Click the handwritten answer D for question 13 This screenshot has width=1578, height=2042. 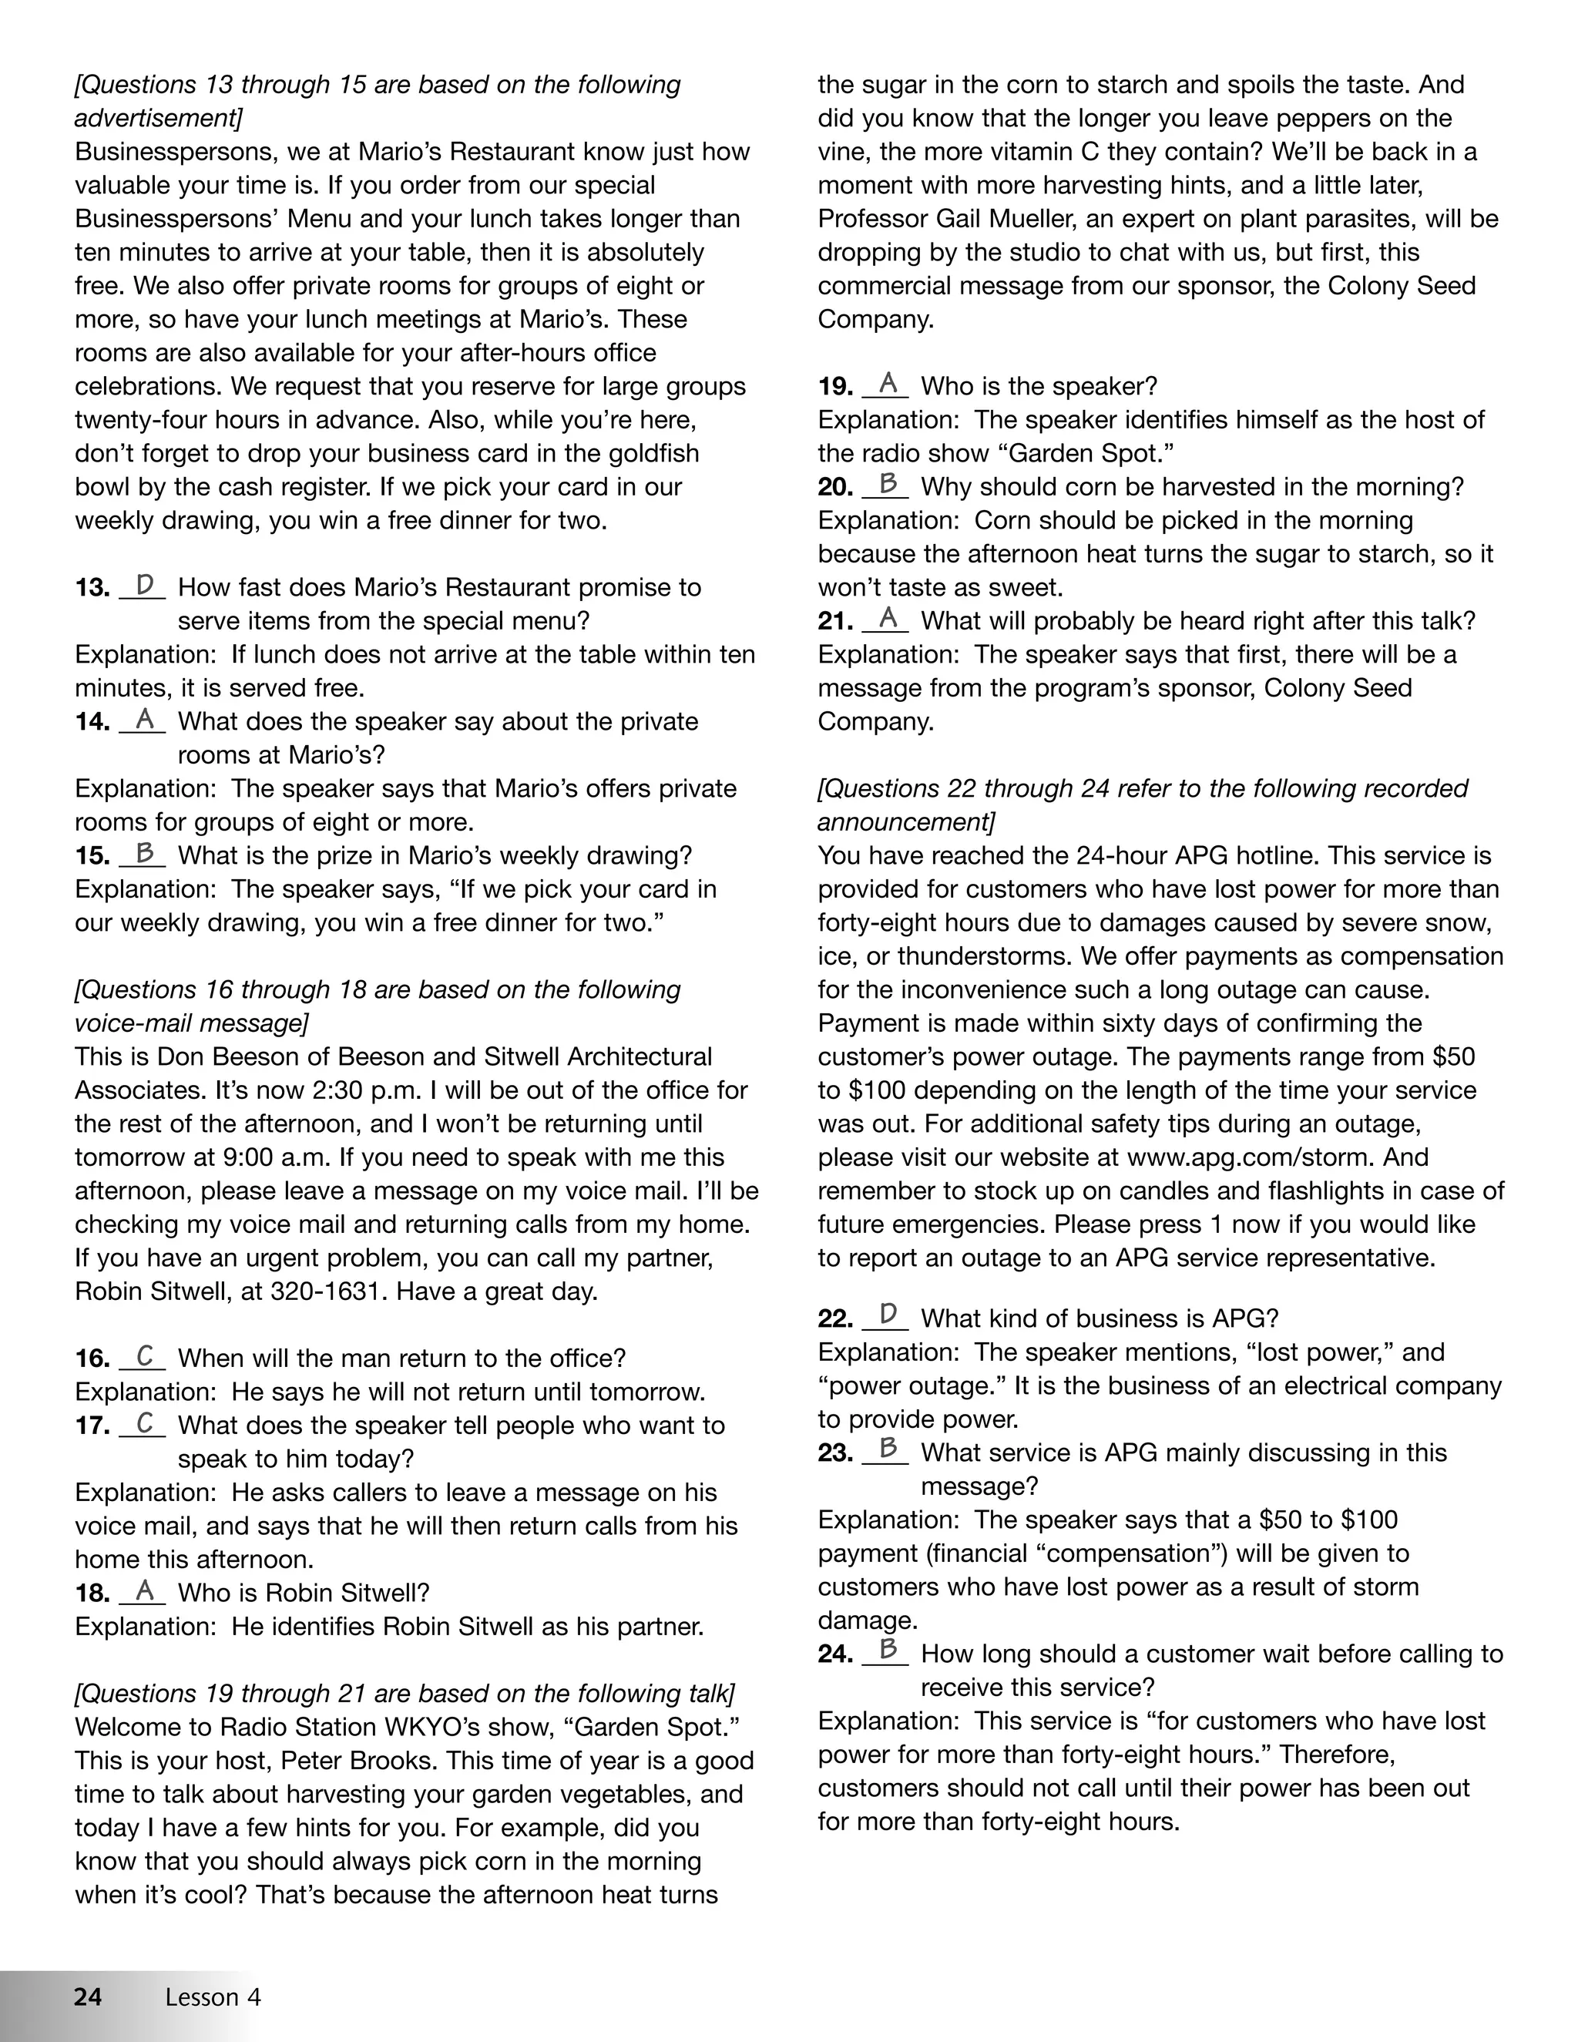[145, 586]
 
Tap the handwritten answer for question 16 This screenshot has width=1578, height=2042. [145, 1355]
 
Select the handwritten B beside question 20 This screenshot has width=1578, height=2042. [888, 485]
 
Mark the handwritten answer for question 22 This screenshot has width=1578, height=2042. [888, 1315]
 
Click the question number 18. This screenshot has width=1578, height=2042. [92, 1594]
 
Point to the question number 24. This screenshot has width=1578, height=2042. [834, 1654]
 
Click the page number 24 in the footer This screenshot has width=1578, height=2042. [88, 1997]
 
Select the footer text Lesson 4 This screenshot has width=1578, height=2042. [213, 1997]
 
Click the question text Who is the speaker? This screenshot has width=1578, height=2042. [1039, 386]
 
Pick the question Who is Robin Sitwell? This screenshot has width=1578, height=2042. [304, 1594]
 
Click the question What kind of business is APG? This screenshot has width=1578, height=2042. [1100, 1318]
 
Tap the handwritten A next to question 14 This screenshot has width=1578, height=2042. [145, 719]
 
